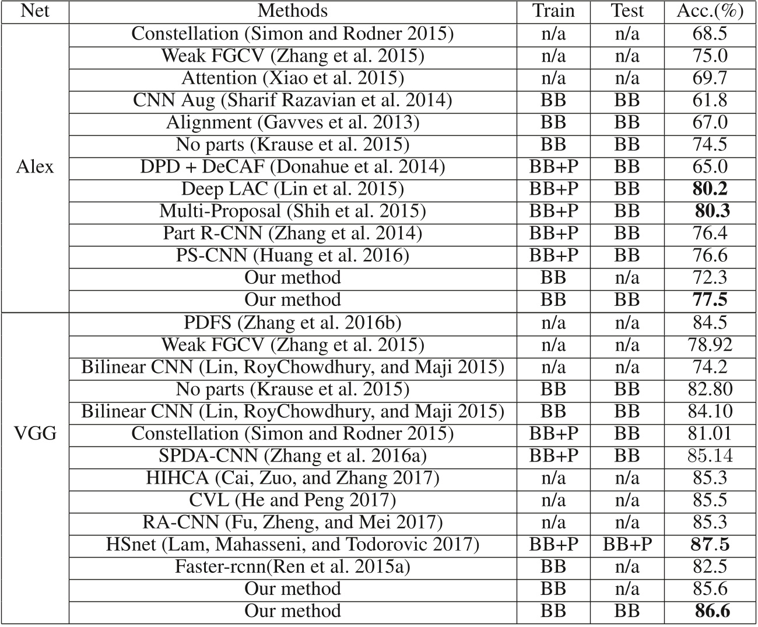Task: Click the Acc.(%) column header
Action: click(710, 11)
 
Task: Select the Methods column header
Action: click(293, 11)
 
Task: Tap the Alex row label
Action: click(35, 167)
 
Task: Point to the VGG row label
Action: click(35, 434)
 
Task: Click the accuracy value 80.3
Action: click(712, 211)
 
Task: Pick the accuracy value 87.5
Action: click(710, 544)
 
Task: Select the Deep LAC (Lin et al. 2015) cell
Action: click(293, 189)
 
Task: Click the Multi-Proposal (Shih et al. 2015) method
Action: click(293, 211)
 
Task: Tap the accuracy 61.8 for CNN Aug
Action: click(710, 100)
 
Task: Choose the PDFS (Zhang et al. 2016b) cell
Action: click(293, 323)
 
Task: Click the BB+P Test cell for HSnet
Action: click(627, 544)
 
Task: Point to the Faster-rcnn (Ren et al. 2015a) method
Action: click(293, 566)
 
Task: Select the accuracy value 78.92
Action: click(710, 345)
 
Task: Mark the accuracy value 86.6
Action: click(712, 611)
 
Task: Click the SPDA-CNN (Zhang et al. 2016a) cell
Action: click(293, 456)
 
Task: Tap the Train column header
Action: click(553, 11)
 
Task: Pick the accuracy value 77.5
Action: click(710, 300)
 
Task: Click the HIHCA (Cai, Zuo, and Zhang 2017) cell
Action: click(293, 478)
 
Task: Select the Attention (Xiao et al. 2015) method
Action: click(293, 78)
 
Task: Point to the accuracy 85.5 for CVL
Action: click(710, 500)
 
